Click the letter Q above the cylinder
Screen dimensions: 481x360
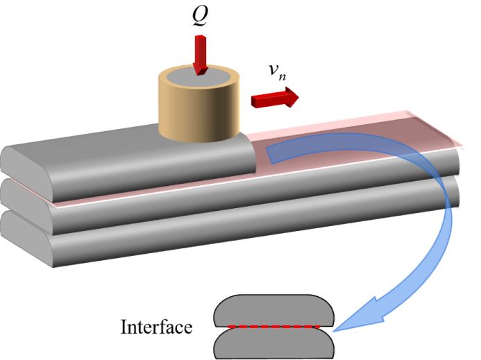[x=200, y=15]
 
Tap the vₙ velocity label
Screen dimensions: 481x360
[x=278, y=71]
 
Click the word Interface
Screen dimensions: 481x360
[x=156, y=327]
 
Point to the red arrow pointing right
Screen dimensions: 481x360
[x=275, y=98]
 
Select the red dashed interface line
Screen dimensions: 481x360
[x=274, y=327]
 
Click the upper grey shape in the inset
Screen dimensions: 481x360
[x=273, y=310]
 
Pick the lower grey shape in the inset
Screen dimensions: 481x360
[x=273, y=343]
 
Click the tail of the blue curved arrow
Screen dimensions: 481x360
[x=269, y=155]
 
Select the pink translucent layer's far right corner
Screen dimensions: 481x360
[x=462, y=146]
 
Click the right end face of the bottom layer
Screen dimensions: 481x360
[x=455, y=191]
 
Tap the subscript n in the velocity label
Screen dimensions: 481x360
[x=282, y=76]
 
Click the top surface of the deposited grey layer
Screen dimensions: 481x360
[x=123, y=144]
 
